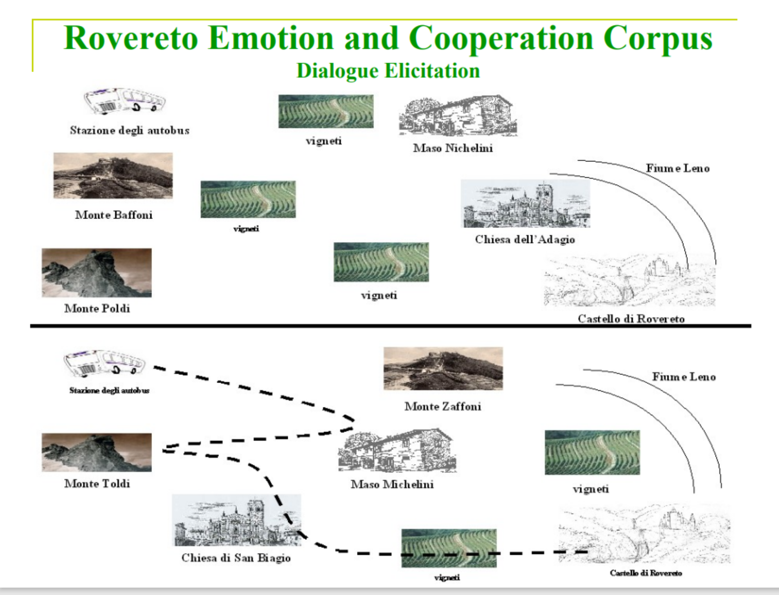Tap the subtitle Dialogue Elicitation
tap(388, 71)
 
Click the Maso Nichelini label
tap(453, 148)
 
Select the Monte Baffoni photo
tap(113, 175)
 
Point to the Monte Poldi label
tap(97, 309)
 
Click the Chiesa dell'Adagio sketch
tap(525, 204)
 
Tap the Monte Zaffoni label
tap(443, 407)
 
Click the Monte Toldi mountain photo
tap(97, 452)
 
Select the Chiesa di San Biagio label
tap(236, 558)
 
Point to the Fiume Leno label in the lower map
tap(684, 377)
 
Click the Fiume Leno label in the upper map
tap(678, 168)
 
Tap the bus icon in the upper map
tap(124, 101)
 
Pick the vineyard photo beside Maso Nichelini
tap(326, 111)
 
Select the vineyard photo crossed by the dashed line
tap(449, 548)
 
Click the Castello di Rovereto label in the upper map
tap(631, 319)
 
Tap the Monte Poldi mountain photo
tap(97, 273)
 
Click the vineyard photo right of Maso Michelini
tap(592, 452)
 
